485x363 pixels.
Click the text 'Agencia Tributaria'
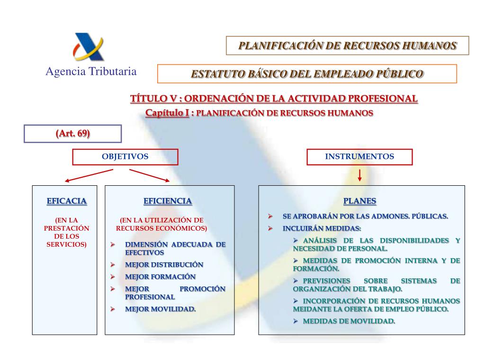[x=91, y=71]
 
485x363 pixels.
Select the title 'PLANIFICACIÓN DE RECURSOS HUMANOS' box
[x=347, y=46]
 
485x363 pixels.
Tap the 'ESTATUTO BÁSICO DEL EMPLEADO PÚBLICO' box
[x=307, y=74]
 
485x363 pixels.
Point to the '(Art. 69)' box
[x=73, y=134]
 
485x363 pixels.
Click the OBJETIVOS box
[x=125, y=157]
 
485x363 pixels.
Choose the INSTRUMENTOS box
[x=359, y=157]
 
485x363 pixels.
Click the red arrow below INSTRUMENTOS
[x=360, y=175]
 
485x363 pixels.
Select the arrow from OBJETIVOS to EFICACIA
[x=89, y=175]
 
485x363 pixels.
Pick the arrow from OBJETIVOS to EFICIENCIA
[x=150, y=174]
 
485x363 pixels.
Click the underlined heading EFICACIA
[x=67, y=201]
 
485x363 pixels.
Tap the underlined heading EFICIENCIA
[x=168, y=201]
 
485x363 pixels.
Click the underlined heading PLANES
[x=360, y=201]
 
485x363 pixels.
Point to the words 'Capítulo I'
[x=167, y=113]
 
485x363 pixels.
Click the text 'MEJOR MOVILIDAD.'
[x=160, y=309]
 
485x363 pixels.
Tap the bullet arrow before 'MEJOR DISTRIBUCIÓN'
[x=113, y=265]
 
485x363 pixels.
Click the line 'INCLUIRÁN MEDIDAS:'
[x=322, y=228]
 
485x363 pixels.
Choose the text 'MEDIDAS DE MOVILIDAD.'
[x=349, y=321]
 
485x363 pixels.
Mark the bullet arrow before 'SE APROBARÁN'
[x=270, y=216]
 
